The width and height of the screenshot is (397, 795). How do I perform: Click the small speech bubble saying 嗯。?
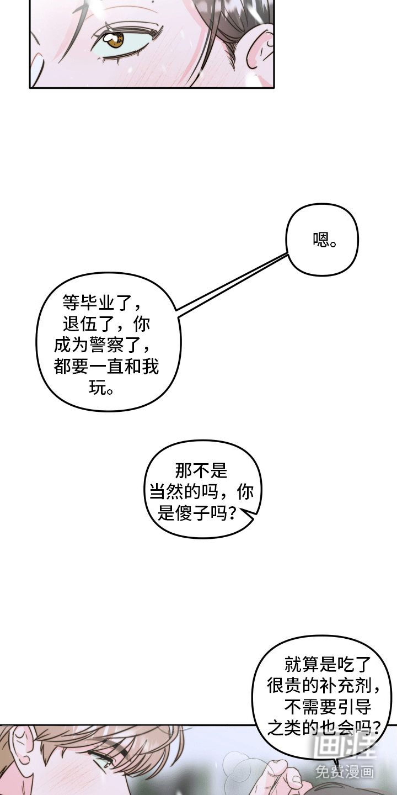coord(322,239)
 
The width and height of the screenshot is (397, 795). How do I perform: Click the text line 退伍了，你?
coord(106,324)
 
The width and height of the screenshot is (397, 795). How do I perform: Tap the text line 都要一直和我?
coord(106,366)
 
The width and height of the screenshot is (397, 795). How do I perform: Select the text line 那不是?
coord(201,471)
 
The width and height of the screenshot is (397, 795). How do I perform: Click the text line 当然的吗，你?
coord(201,492)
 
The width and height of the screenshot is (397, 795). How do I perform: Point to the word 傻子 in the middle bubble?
coord(192,513)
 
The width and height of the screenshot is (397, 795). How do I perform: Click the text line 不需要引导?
coord(328,707)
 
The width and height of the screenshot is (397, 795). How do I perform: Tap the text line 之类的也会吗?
coord(324,728)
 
